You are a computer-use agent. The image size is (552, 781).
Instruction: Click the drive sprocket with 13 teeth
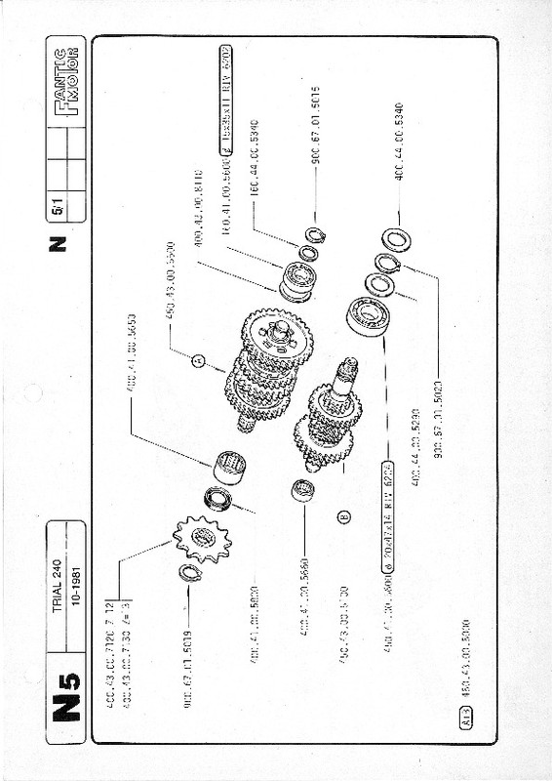(202, 537)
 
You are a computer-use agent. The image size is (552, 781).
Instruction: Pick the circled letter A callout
(198, 361)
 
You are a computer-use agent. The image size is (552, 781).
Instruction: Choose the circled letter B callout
(344, 516)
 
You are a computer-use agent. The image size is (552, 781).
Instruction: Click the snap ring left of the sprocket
(190, 573)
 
